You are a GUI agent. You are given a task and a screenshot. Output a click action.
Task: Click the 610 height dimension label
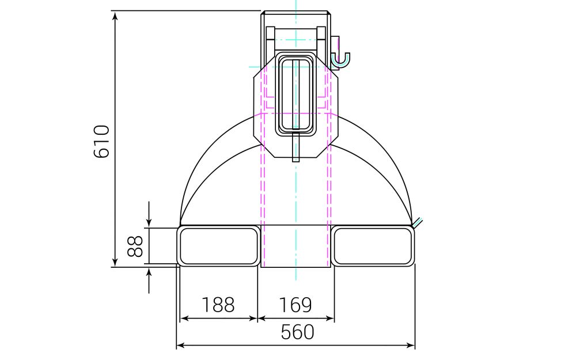point(101,141)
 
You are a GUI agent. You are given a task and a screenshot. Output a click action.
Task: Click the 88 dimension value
point(135,246)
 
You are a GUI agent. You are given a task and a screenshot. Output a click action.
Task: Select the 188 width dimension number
point(218,305)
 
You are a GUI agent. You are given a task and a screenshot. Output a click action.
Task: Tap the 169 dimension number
point(295,305)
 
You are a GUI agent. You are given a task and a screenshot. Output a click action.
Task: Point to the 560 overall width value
point(298,332)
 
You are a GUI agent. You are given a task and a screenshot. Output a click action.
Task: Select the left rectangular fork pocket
point(218,246)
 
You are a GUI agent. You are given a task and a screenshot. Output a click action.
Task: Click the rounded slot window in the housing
point(295,94)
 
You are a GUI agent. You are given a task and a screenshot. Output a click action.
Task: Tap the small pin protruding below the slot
point(295,149)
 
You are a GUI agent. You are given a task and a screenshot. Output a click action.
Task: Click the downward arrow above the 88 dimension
point(149,221)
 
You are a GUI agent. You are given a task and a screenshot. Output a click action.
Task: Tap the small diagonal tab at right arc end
point(418,221)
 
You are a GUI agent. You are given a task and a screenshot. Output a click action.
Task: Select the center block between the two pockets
point(295,246)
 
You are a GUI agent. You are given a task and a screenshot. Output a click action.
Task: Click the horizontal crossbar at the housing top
point(295,31)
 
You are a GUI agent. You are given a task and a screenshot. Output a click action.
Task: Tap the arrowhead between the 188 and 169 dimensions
point(257,318)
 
